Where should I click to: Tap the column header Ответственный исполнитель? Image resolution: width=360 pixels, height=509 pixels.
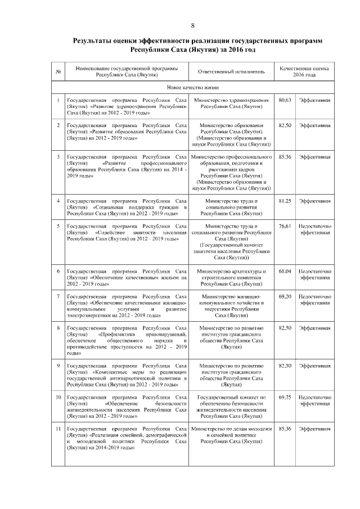[x=231, y=72]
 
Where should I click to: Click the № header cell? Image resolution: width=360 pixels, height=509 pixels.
[x=58, y=72]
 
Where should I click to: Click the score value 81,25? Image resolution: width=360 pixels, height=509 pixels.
[x=285, y=201]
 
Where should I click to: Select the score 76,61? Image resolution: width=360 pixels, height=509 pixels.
[x=285, y=226]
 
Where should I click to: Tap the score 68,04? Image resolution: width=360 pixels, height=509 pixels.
[x=285, y=272]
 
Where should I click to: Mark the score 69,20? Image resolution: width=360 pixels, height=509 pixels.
[x=285, y=295]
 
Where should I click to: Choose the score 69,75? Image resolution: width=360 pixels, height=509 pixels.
[x=285, y=397]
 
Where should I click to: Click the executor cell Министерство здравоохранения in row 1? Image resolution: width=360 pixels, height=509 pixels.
[x=231, y=103]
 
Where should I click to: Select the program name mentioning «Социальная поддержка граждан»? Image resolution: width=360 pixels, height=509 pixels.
[x=127, y=207]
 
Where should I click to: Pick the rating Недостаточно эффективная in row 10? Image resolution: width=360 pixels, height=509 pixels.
[x=314, y=400]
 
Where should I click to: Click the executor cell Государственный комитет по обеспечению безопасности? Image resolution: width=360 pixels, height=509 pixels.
[x=231, y=407]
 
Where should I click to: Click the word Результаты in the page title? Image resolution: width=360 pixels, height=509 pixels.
[x=96, y=41]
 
